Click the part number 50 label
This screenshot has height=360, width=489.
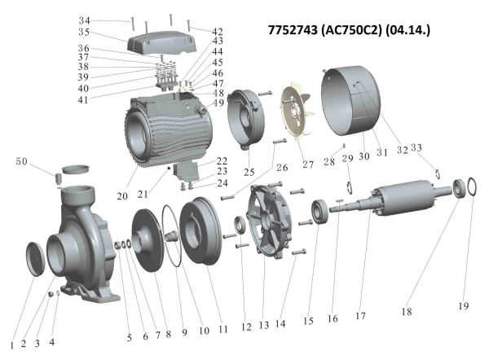click(x=22, y=161)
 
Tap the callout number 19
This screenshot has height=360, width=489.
click(x=464, y=306)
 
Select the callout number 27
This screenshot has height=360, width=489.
click(x=308, y=165)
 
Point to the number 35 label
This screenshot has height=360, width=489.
click(x=84, y=32)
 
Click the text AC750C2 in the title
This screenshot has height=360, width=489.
click(x=350, y=30)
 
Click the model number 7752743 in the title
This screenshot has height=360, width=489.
click(x=293, y=30)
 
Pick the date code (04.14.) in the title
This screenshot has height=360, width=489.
click(x=407, y=30)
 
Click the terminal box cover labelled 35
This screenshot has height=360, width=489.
click(x=159, y=42)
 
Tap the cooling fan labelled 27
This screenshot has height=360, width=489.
click(x=297, y=112)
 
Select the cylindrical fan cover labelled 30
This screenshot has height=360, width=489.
click(x=351, y=101)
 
